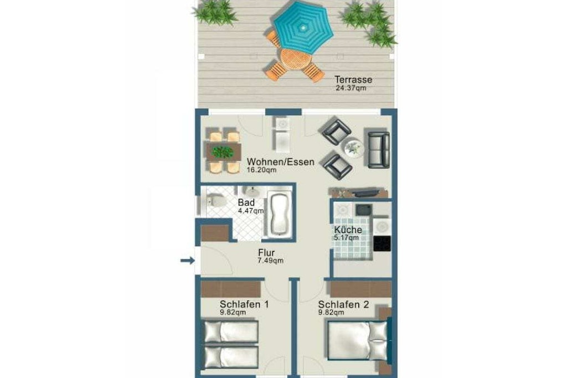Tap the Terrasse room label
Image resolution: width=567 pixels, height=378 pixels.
click(353, 79)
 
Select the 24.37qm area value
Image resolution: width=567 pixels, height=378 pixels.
click(350, 88)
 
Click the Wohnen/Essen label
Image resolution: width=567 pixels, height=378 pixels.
click(281, 162)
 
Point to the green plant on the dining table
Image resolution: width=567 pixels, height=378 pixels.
click(223, 152)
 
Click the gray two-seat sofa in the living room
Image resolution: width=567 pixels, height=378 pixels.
click(379, 149)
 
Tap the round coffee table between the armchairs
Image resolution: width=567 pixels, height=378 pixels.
click(353, 147)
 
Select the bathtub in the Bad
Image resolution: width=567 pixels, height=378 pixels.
click(279, 215)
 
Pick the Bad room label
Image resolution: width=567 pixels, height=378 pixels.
click(246, 203)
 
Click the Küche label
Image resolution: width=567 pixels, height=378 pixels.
click(348, 230)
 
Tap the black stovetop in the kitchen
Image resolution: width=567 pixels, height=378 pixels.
click(382, 244)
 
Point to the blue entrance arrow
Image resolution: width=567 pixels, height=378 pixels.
click(188, 260)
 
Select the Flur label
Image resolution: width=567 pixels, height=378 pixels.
click(266, 252)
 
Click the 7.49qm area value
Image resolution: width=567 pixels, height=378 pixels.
click(270, 261)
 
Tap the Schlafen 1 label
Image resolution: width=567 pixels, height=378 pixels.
click(244, 304)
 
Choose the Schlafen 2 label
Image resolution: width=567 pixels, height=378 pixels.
click(343, 304)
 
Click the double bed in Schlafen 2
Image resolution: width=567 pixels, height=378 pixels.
click(358, 340)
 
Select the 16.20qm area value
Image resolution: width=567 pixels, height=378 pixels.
click(261, 170)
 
